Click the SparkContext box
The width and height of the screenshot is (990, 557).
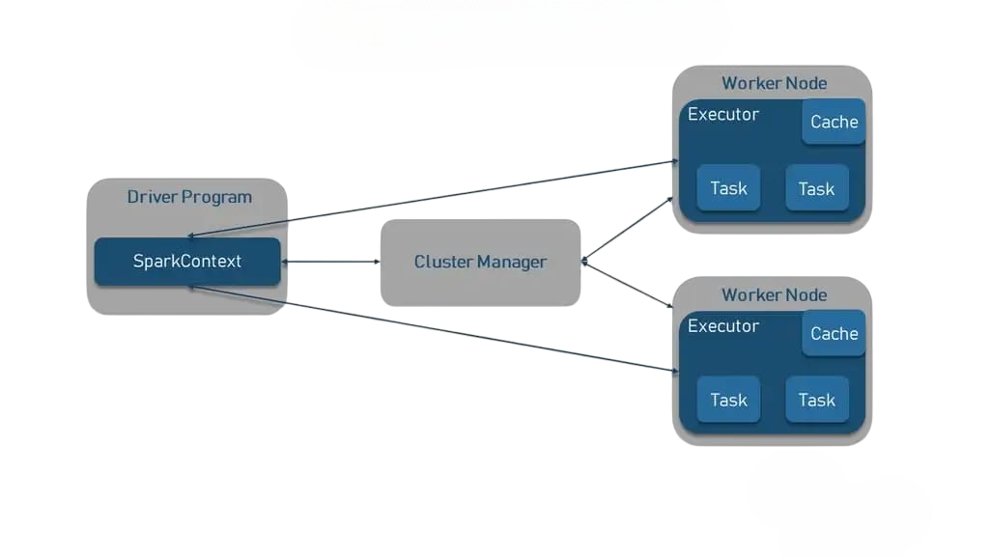tap(187, 262)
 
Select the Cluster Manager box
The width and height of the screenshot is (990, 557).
tap(480, 263)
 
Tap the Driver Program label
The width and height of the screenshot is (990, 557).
tap(189, 197)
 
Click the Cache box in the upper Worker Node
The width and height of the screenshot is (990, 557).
tap(834, 122)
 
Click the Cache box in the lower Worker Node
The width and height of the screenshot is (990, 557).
tap(834, 334)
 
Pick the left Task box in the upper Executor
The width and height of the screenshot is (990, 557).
tap(728, 188)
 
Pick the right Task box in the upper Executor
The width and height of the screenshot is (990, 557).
tap(816, 188)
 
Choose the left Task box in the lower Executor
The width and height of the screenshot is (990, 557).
tap(728, 400)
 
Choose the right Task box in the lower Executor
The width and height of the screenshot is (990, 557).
tap(816, 400)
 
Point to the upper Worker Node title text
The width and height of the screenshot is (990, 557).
tap(774, 83)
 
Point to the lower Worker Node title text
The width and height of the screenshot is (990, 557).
tap(774, 294)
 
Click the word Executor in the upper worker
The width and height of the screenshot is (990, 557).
tap(723, 114)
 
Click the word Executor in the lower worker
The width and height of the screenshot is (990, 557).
tap(723, 326)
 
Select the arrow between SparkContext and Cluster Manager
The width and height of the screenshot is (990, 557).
tap(330, 262)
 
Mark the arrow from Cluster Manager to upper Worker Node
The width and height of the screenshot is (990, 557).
tap(628, 228)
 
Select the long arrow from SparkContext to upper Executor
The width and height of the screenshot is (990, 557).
tap(435, 198)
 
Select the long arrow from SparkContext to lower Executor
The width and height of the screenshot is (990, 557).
tap(435, 329)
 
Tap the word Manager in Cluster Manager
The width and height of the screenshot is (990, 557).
tap(512, 262)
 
